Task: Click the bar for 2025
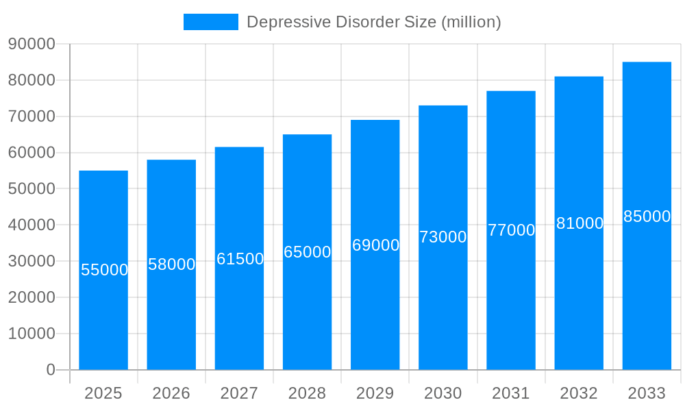click(x=103, y=315)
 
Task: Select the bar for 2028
click(x=307, y=308)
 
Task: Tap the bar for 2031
click(x=511, y=295)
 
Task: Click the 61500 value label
click(x=240, y=259)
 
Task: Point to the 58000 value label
click(x=172, y=264)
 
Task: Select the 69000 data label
click(x=375, y=245)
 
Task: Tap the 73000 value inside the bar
click(x=443, y=237)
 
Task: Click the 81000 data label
click(x=580, y=223)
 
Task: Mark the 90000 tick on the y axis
click(x=32, y=44)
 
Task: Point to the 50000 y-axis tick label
click(x=32, y=188)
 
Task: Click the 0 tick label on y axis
click(x=50, y=370)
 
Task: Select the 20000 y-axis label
click(x=32, y=297)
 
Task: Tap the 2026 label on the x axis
click(x=171, y=393)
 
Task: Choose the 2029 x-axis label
click(x=375, y=393)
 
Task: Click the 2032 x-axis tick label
click(x=579, y=393)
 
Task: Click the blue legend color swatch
click(x=211, y=22)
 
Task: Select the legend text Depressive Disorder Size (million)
click(x=374, y=22)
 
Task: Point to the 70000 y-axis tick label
click(x=32, y=116)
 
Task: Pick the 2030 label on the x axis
click(x=443, y=393)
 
